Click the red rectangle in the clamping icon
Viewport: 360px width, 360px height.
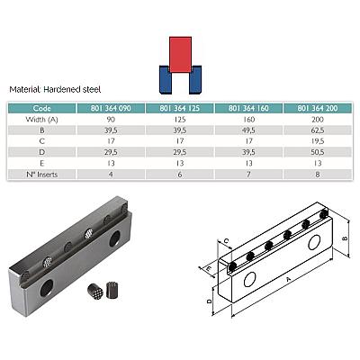(180, 55)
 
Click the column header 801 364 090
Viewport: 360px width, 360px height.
(111, 108)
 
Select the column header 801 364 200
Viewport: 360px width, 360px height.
(318, 108)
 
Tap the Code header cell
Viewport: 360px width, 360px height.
(42, 108)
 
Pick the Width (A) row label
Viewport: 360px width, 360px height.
(42, 120)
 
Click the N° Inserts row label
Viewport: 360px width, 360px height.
(42, 175)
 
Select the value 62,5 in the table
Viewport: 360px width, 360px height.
(318, 130)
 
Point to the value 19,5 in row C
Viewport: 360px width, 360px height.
(318, 141)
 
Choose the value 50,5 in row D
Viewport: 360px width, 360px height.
(318, 152)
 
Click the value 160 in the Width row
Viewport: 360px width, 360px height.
(248, 120)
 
